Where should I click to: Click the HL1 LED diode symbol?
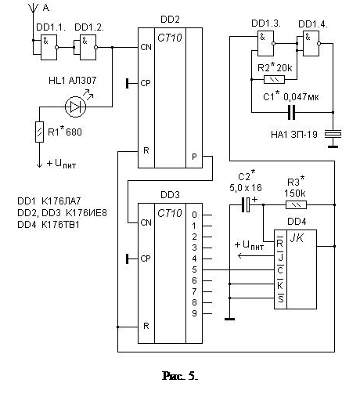point(75,107)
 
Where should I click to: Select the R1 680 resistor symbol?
point(40,132)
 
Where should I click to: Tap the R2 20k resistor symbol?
point(274,79)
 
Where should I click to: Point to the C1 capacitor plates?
point(291,113)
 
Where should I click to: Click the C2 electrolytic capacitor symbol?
point(246,204)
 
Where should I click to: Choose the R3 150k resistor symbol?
point(296,205)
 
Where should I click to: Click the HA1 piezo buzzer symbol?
point(333,134)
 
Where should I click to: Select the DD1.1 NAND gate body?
point(49,47)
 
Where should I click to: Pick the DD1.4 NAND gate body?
point(311,43)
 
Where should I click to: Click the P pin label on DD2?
point(194,157)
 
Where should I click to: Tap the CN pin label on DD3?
point(146,222)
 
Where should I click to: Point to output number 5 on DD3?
point(194,269)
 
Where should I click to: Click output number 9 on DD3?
point(194,313)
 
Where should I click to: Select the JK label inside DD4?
point(297,238)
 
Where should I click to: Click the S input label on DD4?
point(280,298)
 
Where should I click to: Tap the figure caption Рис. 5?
point(180,376)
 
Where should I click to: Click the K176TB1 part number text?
point(60,225)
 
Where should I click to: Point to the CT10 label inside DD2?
point(170,38)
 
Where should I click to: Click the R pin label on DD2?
point(146,150)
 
